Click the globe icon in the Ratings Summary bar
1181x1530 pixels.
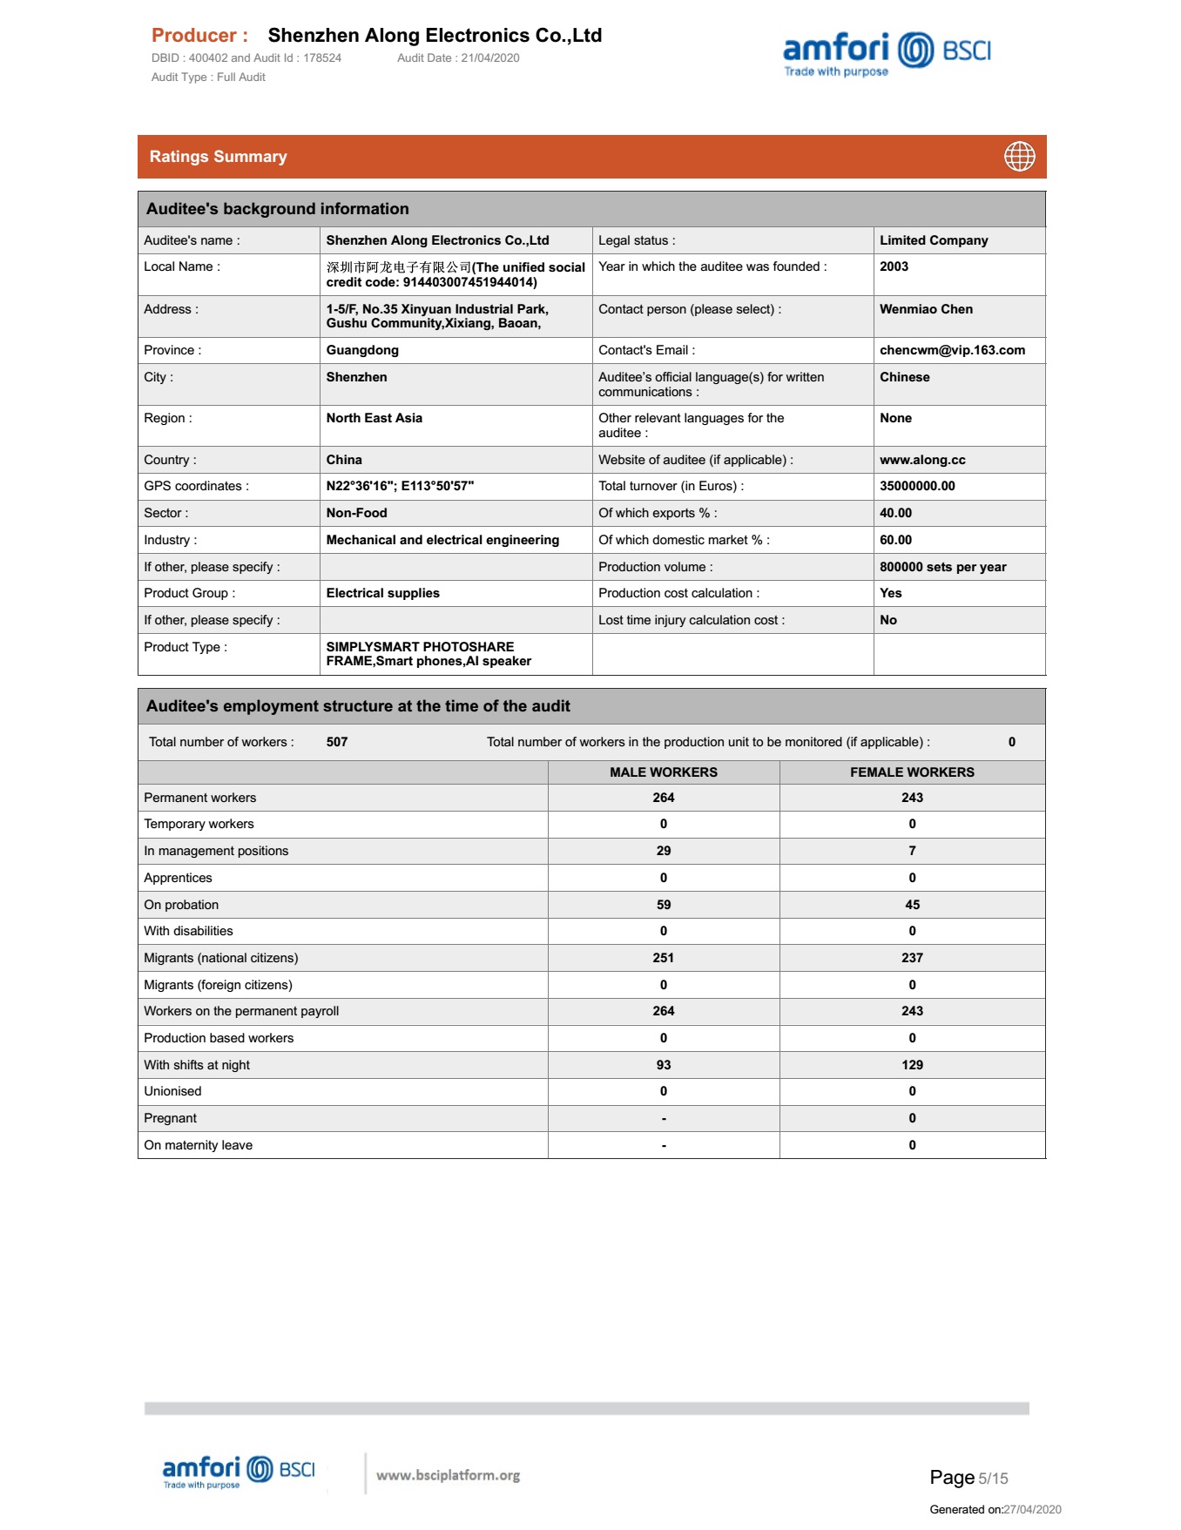1019,157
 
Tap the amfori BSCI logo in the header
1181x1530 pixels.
887,54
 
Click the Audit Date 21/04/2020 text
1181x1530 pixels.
458,58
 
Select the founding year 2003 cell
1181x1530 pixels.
894,267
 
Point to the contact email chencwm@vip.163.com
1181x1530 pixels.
952,350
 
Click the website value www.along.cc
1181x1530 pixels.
922,460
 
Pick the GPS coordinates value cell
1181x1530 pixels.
400,486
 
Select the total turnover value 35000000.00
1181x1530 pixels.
917,486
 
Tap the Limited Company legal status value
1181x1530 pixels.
934,240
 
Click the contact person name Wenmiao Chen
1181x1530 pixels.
926,309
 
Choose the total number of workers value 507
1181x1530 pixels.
337,742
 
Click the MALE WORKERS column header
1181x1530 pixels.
664,772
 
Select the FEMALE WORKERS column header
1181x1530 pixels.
912,772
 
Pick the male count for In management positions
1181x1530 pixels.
664,851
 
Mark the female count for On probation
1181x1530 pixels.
912,905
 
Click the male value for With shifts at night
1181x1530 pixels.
664,1065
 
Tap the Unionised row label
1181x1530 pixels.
172,1091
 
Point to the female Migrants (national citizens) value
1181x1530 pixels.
912,958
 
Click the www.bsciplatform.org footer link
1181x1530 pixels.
448,1475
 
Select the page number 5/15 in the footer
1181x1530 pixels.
992,1479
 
